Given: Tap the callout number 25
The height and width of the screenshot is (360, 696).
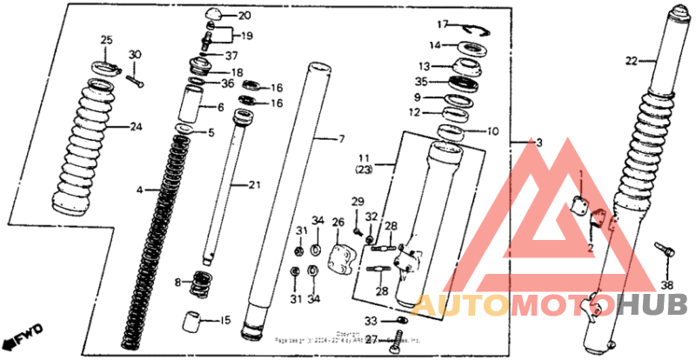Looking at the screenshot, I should [x=107, y=40].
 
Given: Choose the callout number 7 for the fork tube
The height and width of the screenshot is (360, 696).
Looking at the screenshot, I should [x=342, y=138].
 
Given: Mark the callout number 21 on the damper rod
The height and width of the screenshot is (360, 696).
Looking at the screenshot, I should [x=254, y=184].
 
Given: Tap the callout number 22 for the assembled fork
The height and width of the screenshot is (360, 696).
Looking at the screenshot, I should [x=631, y=61].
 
